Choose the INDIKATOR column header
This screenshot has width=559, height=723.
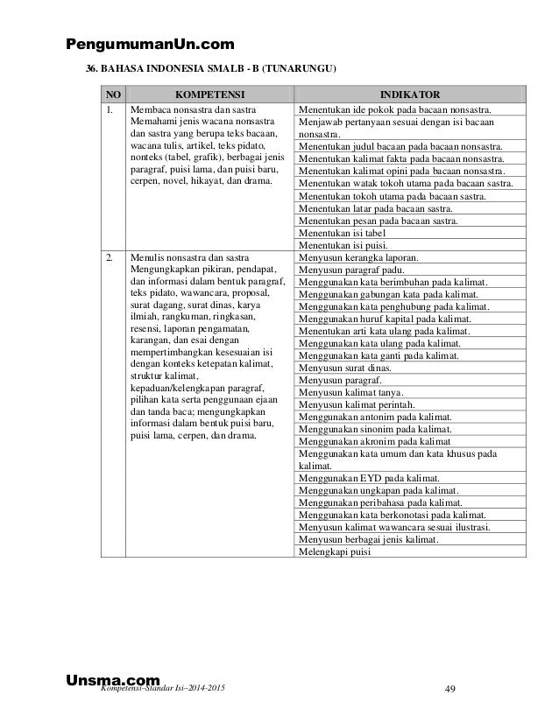[x=409, y=94]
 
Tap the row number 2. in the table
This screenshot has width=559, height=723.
[x=110, y=258]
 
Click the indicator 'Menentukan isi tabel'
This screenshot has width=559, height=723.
[x=342, y=234]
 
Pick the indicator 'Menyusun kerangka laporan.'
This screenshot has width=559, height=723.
[x=358, y=258]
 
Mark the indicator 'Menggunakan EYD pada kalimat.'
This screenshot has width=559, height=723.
[x=369, y=479]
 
